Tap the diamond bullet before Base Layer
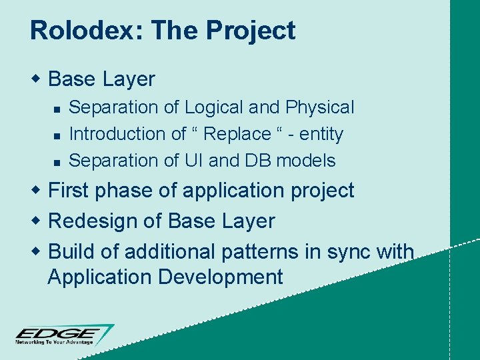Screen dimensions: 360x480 tap(37, 79)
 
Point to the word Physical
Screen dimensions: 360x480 tap(319, 107)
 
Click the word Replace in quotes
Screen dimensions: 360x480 tap(237, 134)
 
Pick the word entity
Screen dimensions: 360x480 tap(321, 134)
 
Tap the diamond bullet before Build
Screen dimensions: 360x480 tap(37, 251)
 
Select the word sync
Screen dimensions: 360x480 tap(347, 251)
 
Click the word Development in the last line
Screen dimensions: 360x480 tap(221, 277)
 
